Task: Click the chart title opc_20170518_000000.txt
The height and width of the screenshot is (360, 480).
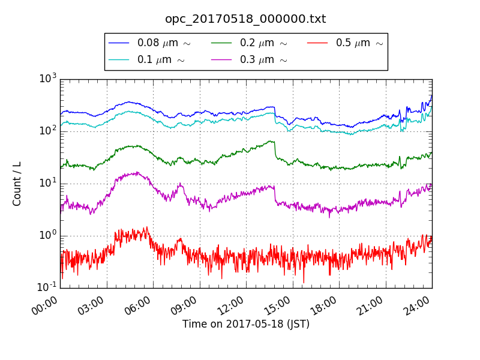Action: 245,19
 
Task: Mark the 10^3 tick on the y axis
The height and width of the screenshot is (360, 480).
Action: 48,79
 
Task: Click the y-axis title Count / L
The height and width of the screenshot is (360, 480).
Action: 17,184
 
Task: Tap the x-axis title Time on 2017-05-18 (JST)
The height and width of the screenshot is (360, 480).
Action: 246,325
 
